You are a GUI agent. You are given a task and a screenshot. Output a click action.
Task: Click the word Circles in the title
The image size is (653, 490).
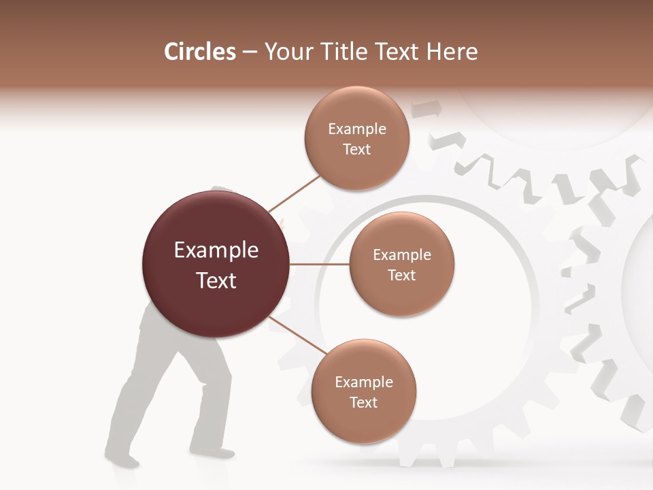[200, 52]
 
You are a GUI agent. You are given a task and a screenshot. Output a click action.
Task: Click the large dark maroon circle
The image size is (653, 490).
[216, 264]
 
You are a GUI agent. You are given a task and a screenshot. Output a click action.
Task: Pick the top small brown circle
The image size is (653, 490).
[357, 138]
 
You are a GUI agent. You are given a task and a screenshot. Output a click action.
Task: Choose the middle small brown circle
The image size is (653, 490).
[402, 264]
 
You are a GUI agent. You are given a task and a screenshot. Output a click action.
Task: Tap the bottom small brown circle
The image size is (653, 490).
[363, 391]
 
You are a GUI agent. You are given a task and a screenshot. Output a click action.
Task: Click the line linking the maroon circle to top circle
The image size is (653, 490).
[294, 193]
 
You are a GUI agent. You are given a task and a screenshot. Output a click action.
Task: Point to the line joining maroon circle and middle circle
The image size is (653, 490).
[320, 264]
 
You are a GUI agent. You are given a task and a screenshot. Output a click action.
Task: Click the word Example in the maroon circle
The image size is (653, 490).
[216, 250]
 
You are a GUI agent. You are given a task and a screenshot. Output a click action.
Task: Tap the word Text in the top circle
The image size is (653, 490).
[357, 149]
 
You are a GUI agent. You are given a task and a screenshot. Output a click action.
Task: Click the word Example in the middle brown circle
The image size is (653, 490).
[402, 255]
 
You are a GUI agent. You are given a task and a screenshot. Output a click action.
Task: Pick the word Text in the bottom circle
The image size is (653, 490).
[363, 402]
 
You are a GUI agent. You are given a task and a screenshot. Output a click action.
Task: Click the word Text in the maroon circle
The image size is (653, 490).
[216, 280]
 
